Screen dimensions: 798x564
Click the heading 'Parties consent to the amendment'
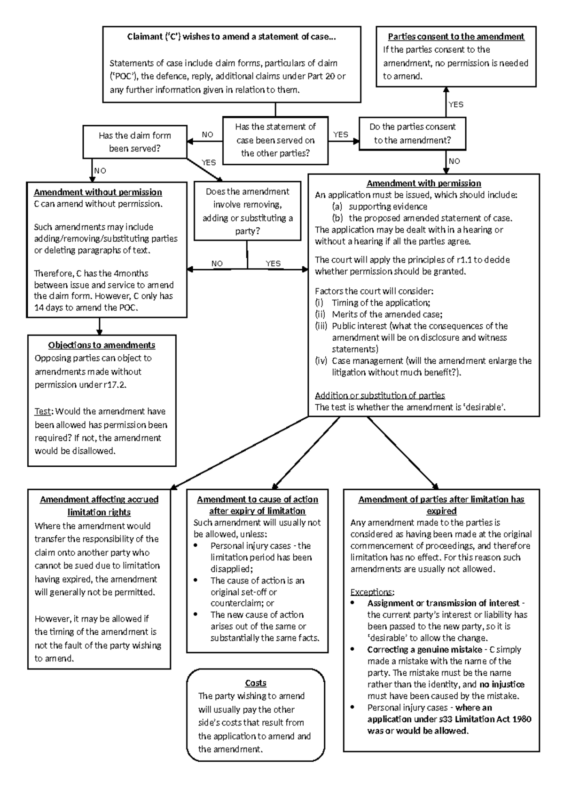point(456,37)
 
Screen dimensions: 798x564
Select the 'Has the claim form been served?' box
point(134,142)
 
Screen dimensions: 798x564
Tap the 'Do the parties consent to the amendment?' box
point(412,133)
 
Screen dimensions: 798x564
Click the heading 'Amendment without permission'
point(98,192)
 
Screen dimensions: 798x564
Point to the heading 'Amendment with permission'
point(423,183)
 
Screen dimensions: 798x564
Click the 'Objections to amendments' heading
point(102,345)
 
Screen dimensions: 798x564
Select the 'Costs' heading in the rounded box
point(256,683)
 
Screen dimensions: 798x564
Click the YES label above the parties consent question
point(455,104)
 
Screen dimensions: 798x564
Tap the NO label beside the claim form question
point(207,135)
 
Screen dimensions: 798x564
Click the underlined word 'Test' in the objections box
point(42,411)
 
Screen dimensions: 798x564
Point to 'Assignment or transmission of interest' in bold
point(443,603)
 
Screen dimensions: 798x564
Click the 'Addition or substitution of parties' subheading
point(380,395)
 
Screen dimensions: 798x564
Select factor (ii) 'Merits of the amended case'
point(386,314)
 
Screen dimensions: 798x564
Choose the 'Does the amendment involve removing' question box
point(247,211)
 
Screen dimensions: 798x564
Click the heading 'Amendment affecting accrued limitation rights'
point(99,505)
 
